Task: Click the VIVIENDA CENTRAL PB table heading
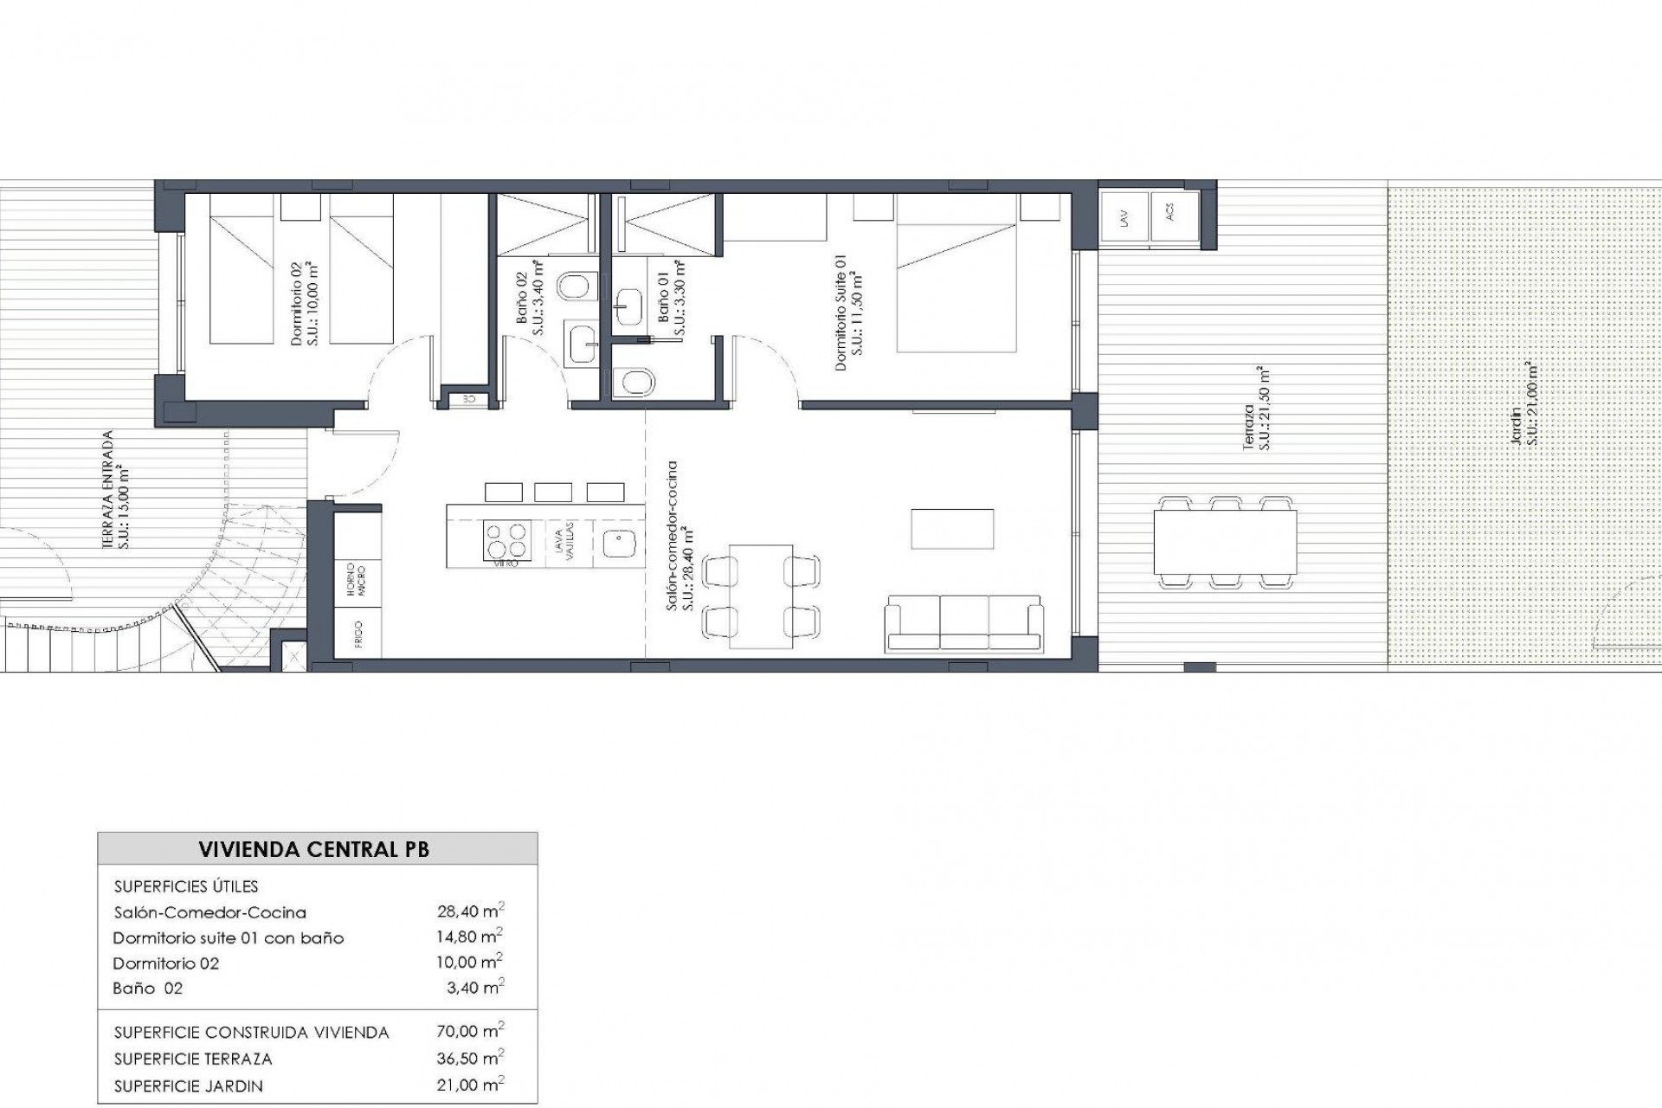pos(313,849)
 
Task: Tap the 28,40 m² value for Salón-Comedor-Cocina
pos(470,911)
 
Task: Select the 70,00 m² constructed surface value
pos(470,1031)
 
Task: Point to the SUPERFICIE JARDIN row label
pos(188,1085)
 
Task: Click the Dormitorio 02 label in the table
pos(165,963)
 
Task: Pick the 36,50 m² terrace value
pos(470,1058)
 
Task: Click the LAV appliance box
pos(1124,217)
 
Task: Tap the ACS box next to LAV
pos(1174,216)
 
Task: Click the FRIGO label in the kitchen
pos(358,635)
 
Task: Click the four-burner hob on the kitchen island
pos(506,540)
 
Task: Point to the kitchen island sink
pos(619,544)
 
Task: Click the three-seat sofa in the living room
pos(963,622)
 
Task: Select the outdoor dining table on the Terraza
pos(1225,541)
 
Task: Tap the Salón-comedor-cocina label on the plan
pos(680,537)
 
